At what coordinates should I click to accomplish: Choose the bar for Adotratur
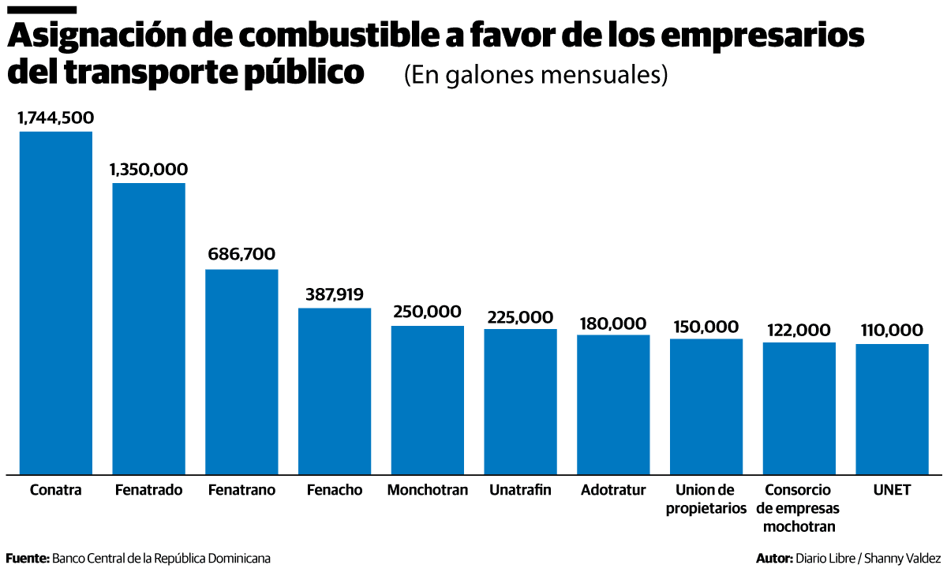click(x=613, y=404)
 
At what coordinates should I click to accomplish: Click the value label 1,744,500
click(x=56, y=118)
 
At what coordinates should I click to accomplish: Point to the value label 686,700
click(x=241, y=254)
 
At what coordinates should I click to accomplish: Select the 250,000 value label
click(x=427, y=312)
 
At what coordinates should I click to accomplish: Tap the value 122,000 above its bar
click(x=799, y=329)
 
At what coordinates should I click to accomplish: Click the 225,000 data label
click(x=520, y=316)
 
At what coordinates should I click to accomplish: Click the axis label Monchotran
click(x=427, y=490)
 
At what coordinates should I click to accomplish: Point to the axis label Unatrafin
click(x=520, y=490)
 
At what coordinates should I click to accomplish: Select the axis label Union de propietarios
click(x=706, y=499)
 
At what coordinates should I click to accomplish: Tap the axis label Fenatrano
click(x=241, y=490)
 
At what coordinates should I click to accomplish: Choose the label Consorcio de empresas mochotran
click(x=799, y=508)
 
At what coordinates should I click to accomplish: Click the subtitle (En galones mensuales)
click(x=536, y=75)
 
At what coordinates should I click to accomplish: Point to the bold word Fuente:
click(x=28, y=559)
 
